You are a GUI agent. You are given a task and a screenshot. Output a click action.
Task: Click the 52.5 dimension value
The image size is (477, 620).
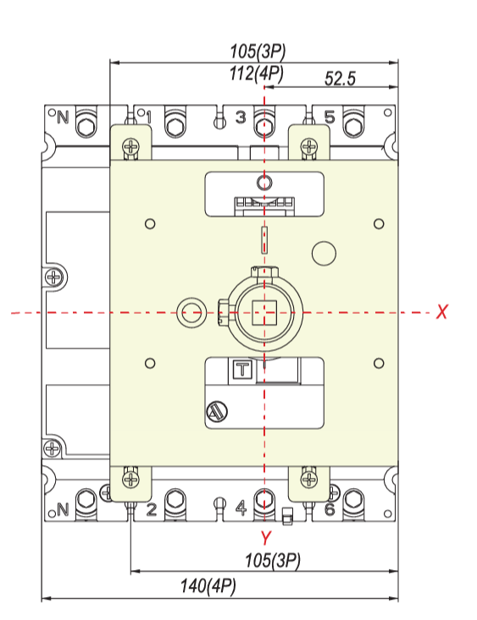(x=340, y=79)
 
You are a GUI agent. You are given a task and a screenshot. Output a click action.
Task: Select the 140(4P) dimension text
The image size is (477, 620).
(x=208, y=585)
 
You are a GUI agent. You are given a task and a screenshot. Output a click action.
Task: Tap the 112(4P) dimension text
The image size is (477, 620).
(x=257, y=74)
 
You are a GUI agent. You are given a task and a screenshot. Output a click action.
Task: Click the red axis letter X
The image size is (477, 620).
(x=441, y=311)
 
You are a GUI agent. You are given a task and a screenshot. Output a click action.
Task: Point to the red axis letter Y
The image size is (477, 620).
(x=265, y=538)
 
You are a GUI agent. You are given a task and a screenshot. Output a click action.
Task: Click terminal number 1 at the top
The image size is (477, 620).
(x=148, y=117)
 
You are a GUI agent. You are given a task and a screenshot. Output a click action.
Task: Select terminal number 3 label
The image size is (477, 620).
(x=241, y=117)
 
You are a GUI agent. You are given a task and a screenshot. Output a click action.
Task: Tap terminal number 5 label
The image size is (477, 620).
(x=330, y=117)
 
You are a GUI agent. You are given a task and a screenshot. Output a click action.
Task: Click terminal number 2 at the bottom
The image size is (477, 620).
(x=152, y=509)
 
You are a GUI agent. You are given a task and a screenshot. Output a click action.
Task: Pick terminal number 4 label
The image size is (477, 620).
(x=241, y=508)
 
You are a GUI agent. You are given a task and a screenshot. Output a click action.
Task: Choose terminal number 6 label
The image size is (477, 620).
(x=330, y=509)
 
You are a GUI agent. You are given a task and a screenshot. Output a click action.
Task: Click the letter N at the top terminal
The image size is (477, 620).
(x=63, y=117)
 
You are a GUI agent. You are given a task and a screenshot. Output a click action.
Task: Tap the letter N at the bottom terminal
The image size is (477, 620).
(x=63, y=509)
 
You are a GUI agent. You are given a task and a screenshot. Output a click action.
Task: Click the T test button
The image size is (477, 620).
(x=241, y=370)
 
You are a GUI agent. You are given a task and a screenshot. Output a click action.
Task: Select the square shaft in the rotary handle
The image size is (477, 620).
(x=264, y=312)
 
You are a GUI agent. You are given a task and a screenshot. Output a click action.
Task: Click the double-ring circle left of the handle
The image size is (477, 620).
(x=191, y=313)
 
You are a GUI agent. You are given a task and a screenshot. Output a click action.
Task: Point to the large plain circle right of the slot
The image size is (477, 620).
(x=324, y=254)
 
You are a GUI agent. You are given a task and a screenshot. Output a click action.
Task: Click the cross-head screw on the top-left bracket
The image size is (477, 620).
(x=131, y=146)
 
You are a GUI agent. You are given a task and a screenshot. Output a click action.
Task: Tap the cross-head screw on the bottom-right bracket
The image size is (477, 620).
(x=309, y=480)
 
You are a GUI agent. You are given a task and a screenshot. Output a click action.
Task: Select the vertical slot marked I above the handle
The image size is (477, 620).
(x=264, y=239)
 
